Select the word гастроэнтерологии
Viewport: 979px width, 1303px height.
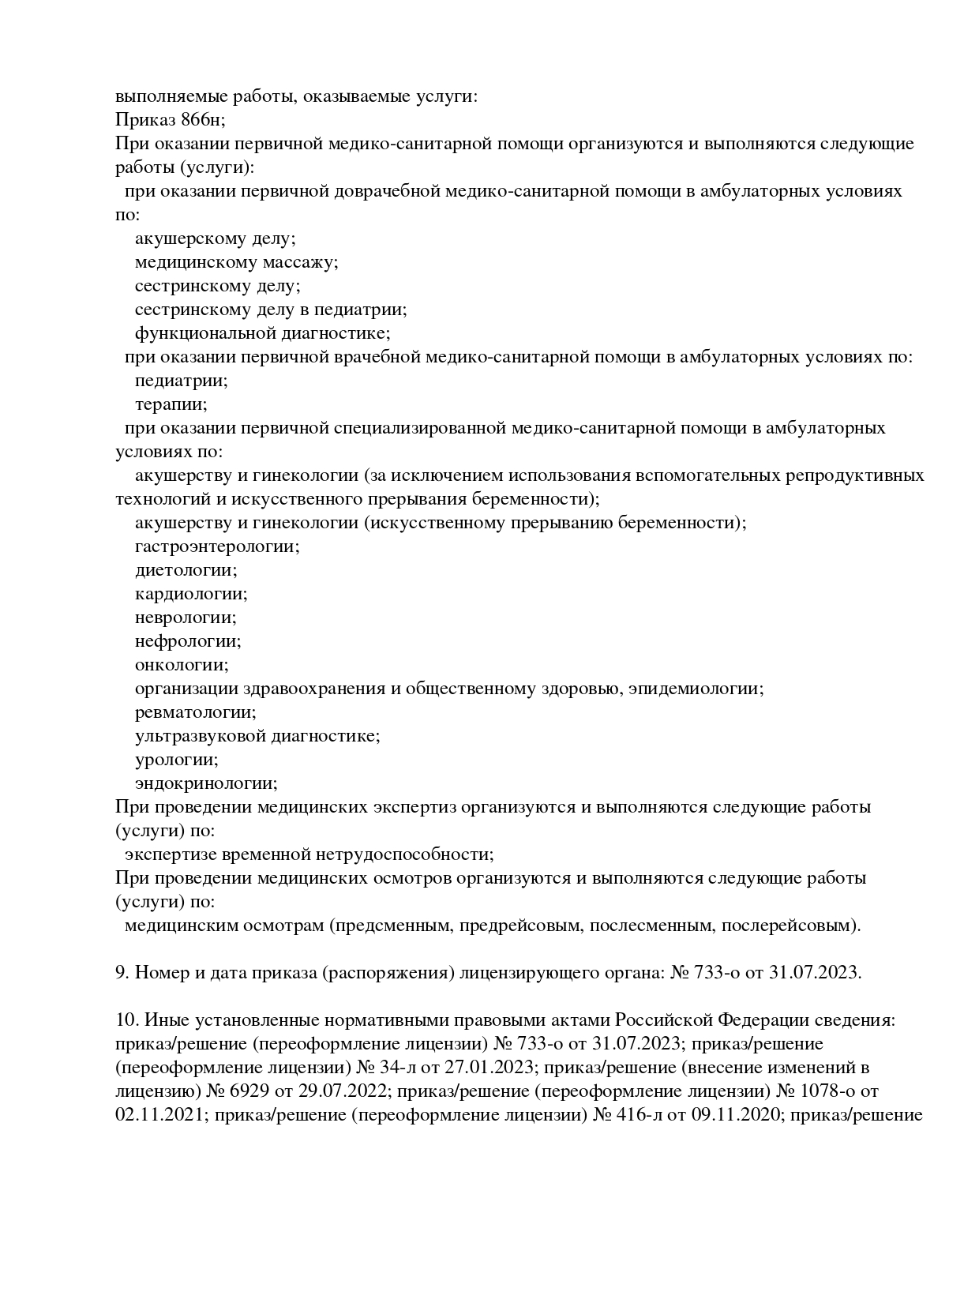pos(216,546)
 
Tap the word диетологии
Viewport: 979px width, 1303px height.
pos(186,570)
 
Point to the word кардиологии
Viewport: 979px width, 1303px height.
pos(190,594)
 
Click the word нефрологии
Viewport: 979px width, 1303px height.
pos(187,641)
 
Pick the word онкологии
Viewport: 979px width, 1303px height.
pos(181,665)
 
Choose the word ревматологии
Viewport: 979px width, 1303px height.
pos(195,712)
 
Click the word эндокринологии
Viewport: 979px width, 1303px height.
pos(205,783)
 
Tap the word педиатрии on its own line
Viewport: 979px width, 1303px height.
pos(181,381)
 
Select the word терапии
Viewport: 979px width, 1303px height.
pos(171,404)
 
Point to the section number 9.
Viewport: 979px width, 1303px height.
pos(121,973)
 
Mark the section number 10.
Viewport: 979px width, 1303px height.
pos(125,1020)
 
